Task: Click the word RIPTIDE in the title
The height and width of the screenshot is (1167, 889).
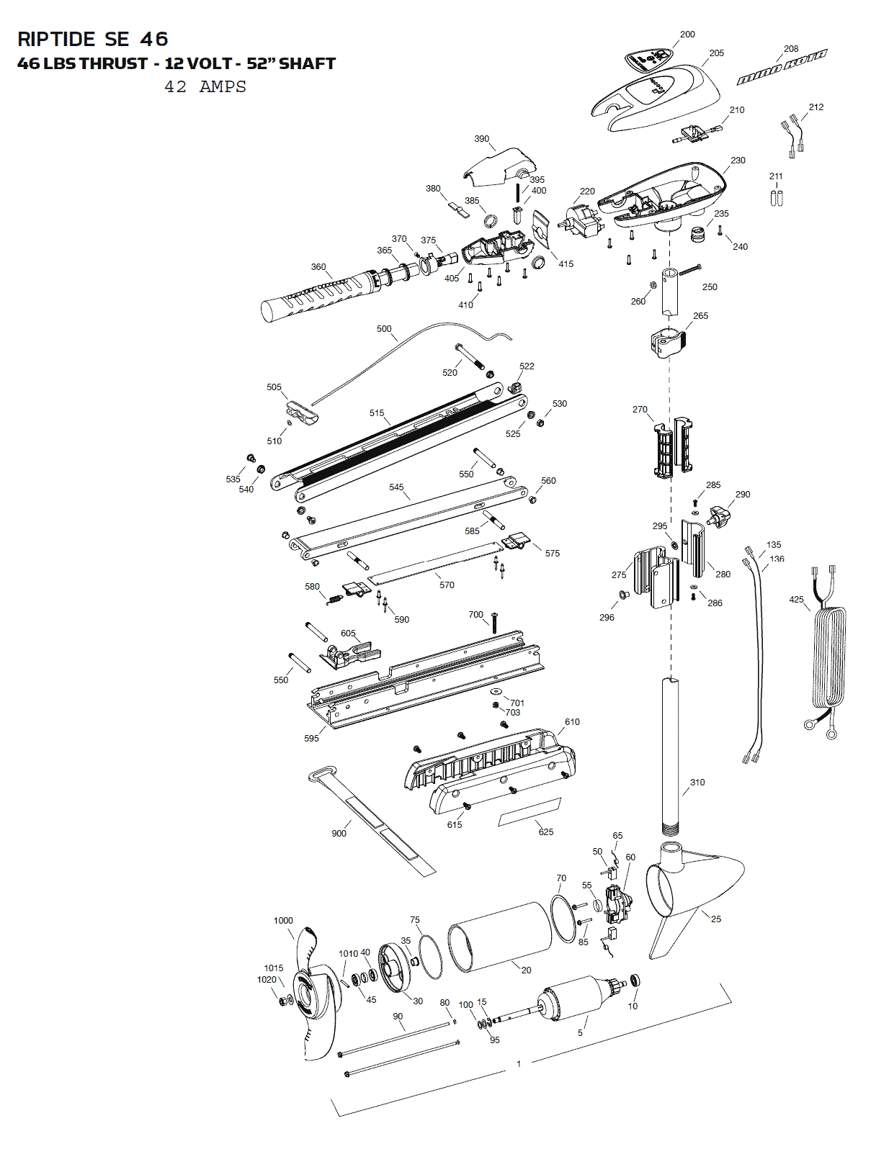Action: [56, 39]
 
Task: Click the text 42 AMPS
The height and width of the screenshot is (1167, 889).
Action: [205, 86]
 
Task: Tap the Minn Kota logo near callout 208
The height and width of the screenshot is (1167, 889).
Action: [782, 68]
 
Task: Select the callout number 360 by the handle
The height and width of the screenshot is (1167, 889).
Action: [318, 267]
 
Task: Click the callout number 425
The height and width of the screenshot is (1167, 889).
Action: [796, 599]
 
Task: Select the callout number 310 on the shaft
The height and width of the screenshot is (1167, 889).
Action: [697, 782]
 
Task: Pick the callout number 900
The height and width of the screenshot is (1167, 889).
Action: [339, 833]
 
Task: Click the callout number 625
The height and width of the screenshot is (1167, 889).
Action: [546, 832]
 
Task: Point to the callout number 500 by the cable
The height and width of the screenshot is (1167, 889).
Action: [383, 328]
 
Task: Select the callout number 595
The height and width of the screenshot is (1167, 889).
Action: [311, 738]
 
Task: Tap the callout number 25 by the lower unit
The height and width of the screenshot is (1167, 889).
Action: [716, 919]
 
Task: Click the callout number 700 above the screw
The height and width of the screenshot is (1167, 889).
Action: [475, 614]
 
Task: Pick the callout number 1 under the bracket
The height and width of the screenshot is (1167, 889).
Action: [519, 1063]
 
